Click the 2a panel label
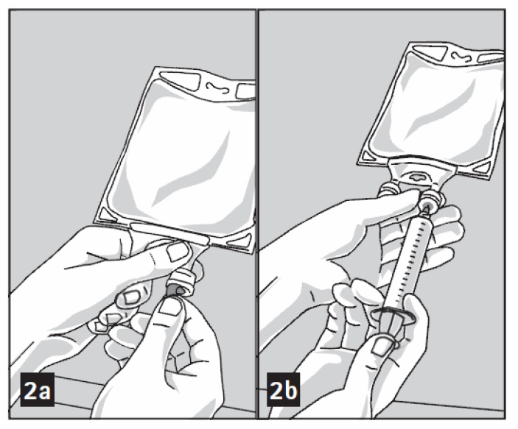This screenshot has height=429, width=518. coord(38,389)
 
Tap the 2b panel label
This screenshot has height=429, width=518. coord(284,389)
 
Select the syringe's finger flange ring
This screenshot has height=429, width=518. coord(393,314)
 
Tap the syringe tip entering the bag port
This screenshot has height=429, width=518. coord(427,209)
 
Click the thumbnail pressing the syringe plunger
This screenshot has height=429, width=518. coord(383,347)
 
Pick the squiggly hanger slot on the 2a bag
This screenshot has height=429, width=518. coord(217,88)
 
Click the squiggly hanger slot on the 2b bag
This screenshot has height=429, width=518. coord(463,57)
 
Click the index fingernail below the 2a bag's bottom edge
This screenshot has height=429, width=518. coord(177,252)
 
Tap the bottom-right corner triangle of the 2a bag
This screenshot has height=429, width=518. coord(240,241)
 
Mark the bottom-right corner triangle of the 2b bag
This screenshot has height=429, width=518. coord(484,169)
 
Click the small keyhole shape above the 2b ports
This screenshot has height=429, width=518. coord(419,177)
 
